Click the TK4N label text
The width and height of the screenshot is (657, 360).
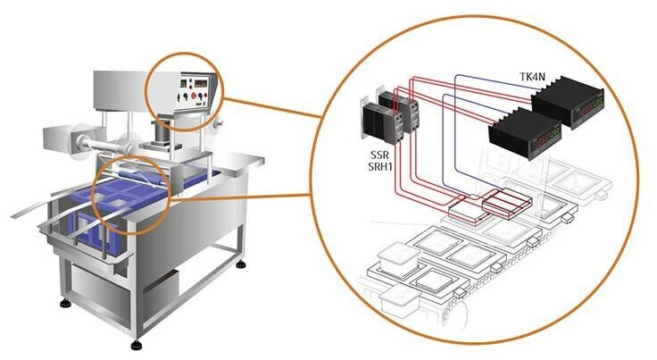(x=534, y=78)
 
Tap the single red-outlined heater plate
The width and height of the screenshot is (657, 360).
(x=467, y=211)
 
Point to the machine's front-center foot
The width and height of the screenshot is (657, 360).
(x=136, y=343)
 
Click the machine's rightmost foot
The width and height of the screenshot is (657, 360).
(x=242, y=264)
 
